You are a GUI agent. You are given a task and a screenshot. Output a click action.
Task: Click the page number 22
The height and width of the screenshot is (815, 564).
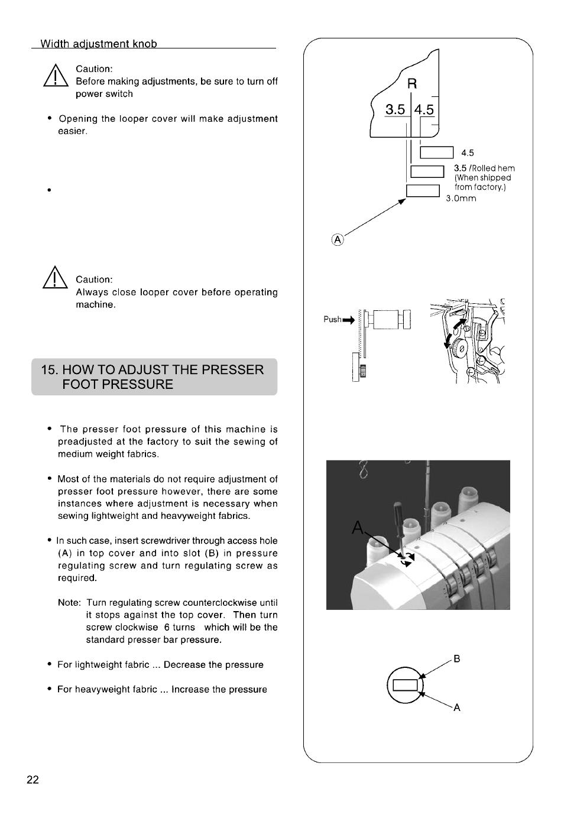click(33, 780)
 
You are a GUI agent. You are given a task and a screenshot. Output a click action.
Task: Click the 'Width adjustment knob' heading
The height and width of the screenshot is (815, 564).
click(99, 44)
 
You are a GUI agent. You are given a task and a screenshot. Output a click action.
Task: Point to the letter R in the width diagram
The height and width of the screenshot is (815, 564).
click(412, 84)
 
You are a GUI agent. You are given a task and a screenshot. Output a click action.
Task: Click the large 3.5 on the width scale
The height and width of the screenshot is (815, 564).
click(396, 110)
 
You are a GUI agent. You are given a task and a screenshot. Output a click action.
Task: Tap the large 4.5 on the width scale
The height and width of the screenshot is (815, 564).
click(424, 110)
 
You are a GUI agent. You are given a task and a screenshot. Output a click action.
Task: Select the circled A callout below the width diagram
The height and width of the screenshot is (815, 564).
click(337, 239)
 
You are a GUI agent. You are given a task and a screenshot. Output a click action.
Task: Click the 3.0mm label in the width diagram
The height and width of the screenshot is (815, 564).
click(461, 199)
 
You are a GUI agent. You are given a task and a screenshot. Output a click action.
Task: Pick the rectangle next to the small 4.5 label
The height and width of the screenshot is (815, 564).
click(436, 152)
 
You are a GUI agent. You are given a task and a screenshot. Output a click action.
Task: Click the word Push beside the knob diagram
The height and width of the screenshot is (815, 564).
click(332, 319)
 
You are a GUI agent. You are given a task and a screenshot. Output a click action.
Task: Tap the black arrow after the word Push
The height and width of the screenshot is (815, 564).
click(348, 320)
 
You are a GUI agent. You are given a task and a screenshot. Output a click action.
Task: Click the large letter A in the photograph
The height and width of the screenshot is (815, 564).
click(358, 527)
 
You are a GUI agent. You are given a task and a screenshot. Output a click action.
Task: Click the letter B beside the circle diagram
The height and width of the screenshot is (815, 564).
click(456, 658)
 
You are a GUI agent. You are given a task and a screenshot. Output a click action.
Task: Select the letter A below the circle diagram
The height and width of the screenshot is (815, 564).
click(456, 707)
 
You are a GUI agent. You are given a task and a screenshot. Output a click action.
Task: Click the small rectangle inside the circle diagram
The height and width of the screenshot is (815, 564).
click(405, 685)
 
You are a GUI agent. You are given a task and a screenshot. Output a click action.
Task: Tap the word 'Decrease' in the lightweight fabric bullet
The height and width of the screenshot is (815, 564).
click(184, 665)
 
